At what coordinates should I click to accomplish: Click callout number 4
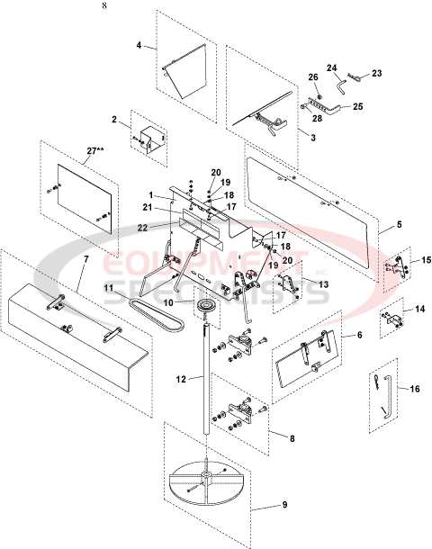tap(139, 44)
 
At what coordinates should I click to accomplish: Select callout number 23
tap(377, 74)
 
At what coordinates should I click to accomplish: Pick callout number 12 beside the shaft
tap(181, 380)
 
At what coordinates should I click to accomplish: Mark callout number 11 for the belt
tap(107, 287)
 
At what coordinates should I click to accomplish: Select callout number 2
tap(114, 119)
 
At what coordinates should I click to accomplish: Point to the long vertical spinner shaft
tap(209, 396)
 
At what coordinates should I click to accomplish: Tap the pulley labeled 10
tap(209, 313)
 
